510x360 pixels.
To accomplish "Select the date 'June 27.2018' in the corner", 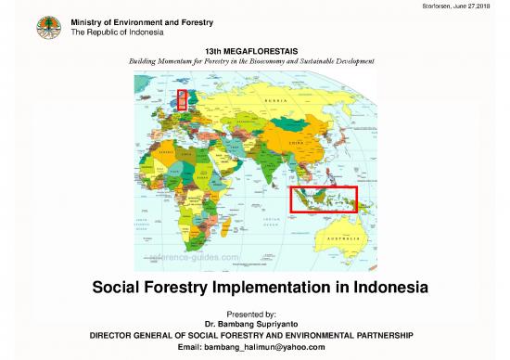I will tap(482, 6).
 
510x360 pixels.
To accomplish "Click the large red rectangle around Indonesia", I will tap(324, 199).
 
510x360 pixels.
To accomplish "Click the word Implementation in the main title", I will tap(262, 289).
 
